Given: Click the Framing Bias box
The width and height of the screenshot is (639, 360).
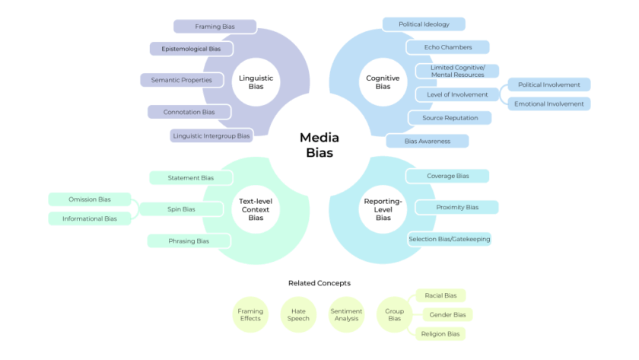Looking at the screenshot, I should [x=215, y=27].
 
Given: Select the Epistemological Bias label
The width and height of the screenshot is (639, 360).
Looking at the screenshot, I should [x=191, y=49].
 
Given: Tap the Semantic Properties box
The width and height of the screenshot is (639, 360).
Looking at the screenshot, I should [x=181, y=80].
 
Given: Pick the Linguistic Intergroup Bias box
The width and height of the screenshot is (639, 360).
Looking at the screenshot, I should [x=211, y=136].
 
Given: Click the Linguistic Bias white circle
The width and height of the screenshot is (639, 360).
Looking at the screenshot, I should [x=256, y=82].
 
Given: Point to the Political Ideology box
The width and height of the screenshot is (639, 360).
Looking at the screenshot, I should [x=424, y=24].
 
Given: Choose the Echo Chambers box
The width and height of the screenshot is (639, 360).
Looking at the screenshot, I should [x=448, y=47].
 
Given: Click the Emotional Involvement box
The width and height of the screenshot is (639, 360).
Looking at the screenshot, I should [x=549, y=104].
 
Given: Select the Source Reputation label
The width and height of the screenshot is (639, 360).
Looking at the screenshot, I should [x=450, y=118].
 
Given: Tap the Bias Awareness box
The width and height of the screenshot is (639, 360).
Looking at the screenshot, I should [x=427, y=141].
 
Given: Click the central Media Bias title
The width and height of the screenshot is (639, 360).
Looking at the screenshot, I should [x=319, y=145].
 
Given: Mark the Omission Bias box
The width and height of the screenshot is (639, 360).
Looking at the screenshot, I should [x=90, y=199].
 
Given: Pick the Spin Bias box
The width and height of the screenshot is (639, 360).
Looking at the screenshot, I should [x=181, y=209].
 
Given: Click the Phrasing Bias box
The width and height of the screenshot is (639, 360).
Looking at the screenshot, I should [x=189, y=241].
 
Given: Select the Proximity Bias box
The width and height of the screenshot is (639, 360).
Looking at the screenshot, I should [x=456, y=207].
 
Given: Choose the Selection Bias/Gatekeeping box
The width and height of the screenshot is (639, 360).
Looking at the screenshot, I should [x=449, y=239].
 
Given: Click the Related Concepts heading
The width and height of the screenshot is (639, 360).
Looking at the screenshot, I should [x=319, y=283].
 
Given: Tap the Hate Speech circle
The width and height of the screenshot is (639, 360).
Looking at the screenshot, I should [x=298, y=314].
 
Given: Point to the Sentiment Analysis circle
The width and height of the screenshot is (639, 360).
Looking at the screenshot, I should [x=346, y=314].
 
